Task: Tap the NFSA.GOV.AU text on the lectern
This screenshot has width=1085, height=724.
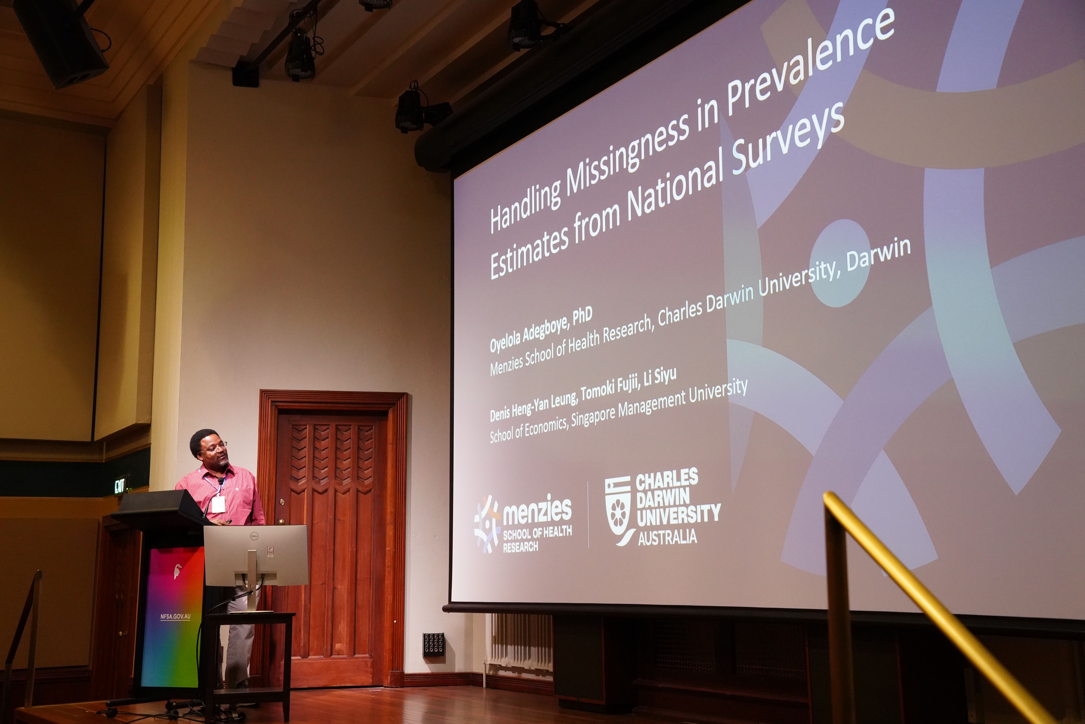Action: [x=175, y=616]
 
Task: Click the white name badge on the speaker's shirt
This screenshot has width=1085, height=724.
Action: [x=219, y=504]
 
